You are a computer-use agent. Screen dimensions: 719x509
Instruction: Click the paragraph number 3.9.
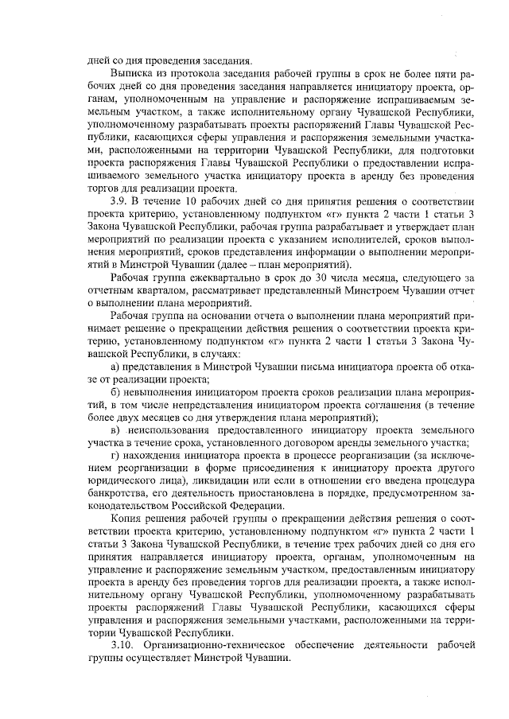click(120, 201)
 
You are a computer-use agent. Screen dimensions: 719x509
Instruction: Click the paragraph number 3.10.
click(122, 647)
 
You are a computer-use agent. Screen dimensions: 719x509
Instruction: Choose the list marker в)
click(115, 430)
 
